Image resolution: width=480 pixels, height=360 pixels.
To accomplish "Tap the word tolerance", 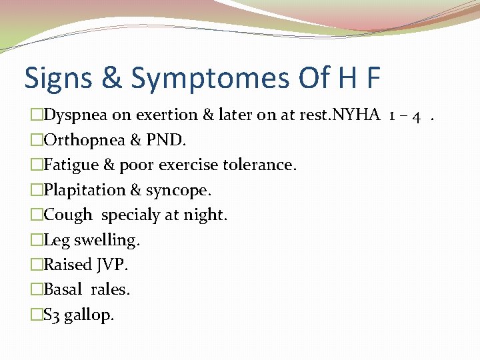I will [x=258, y=165].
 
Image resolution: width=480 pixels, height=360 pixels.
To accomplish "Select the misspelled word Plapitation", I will [x=84, y=190].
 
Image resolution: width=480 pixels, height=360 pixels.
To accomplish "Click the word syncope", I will [x=177, y=191].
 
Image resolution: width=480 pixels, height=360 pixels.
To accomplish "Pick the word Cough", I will [x=68, y=215].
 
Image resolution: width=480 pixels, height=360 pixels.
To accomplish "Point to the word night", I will [x=209, y=215].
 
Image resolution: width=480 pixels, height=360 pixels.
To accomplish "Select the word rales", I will [x=110, y=289].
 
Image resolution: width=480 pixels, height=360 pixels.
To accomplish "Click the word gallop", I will [x=89, y=315].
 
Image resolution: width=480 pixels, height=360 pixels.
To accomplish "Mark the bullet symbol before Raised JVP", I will [x=37, y=265].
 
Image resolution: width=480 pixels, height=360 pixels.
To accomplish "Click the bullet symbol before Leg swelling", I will [x=37, y=240].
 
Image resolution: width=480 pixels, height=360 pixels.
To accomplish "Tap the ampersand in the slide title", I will [x=111, y=78].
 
